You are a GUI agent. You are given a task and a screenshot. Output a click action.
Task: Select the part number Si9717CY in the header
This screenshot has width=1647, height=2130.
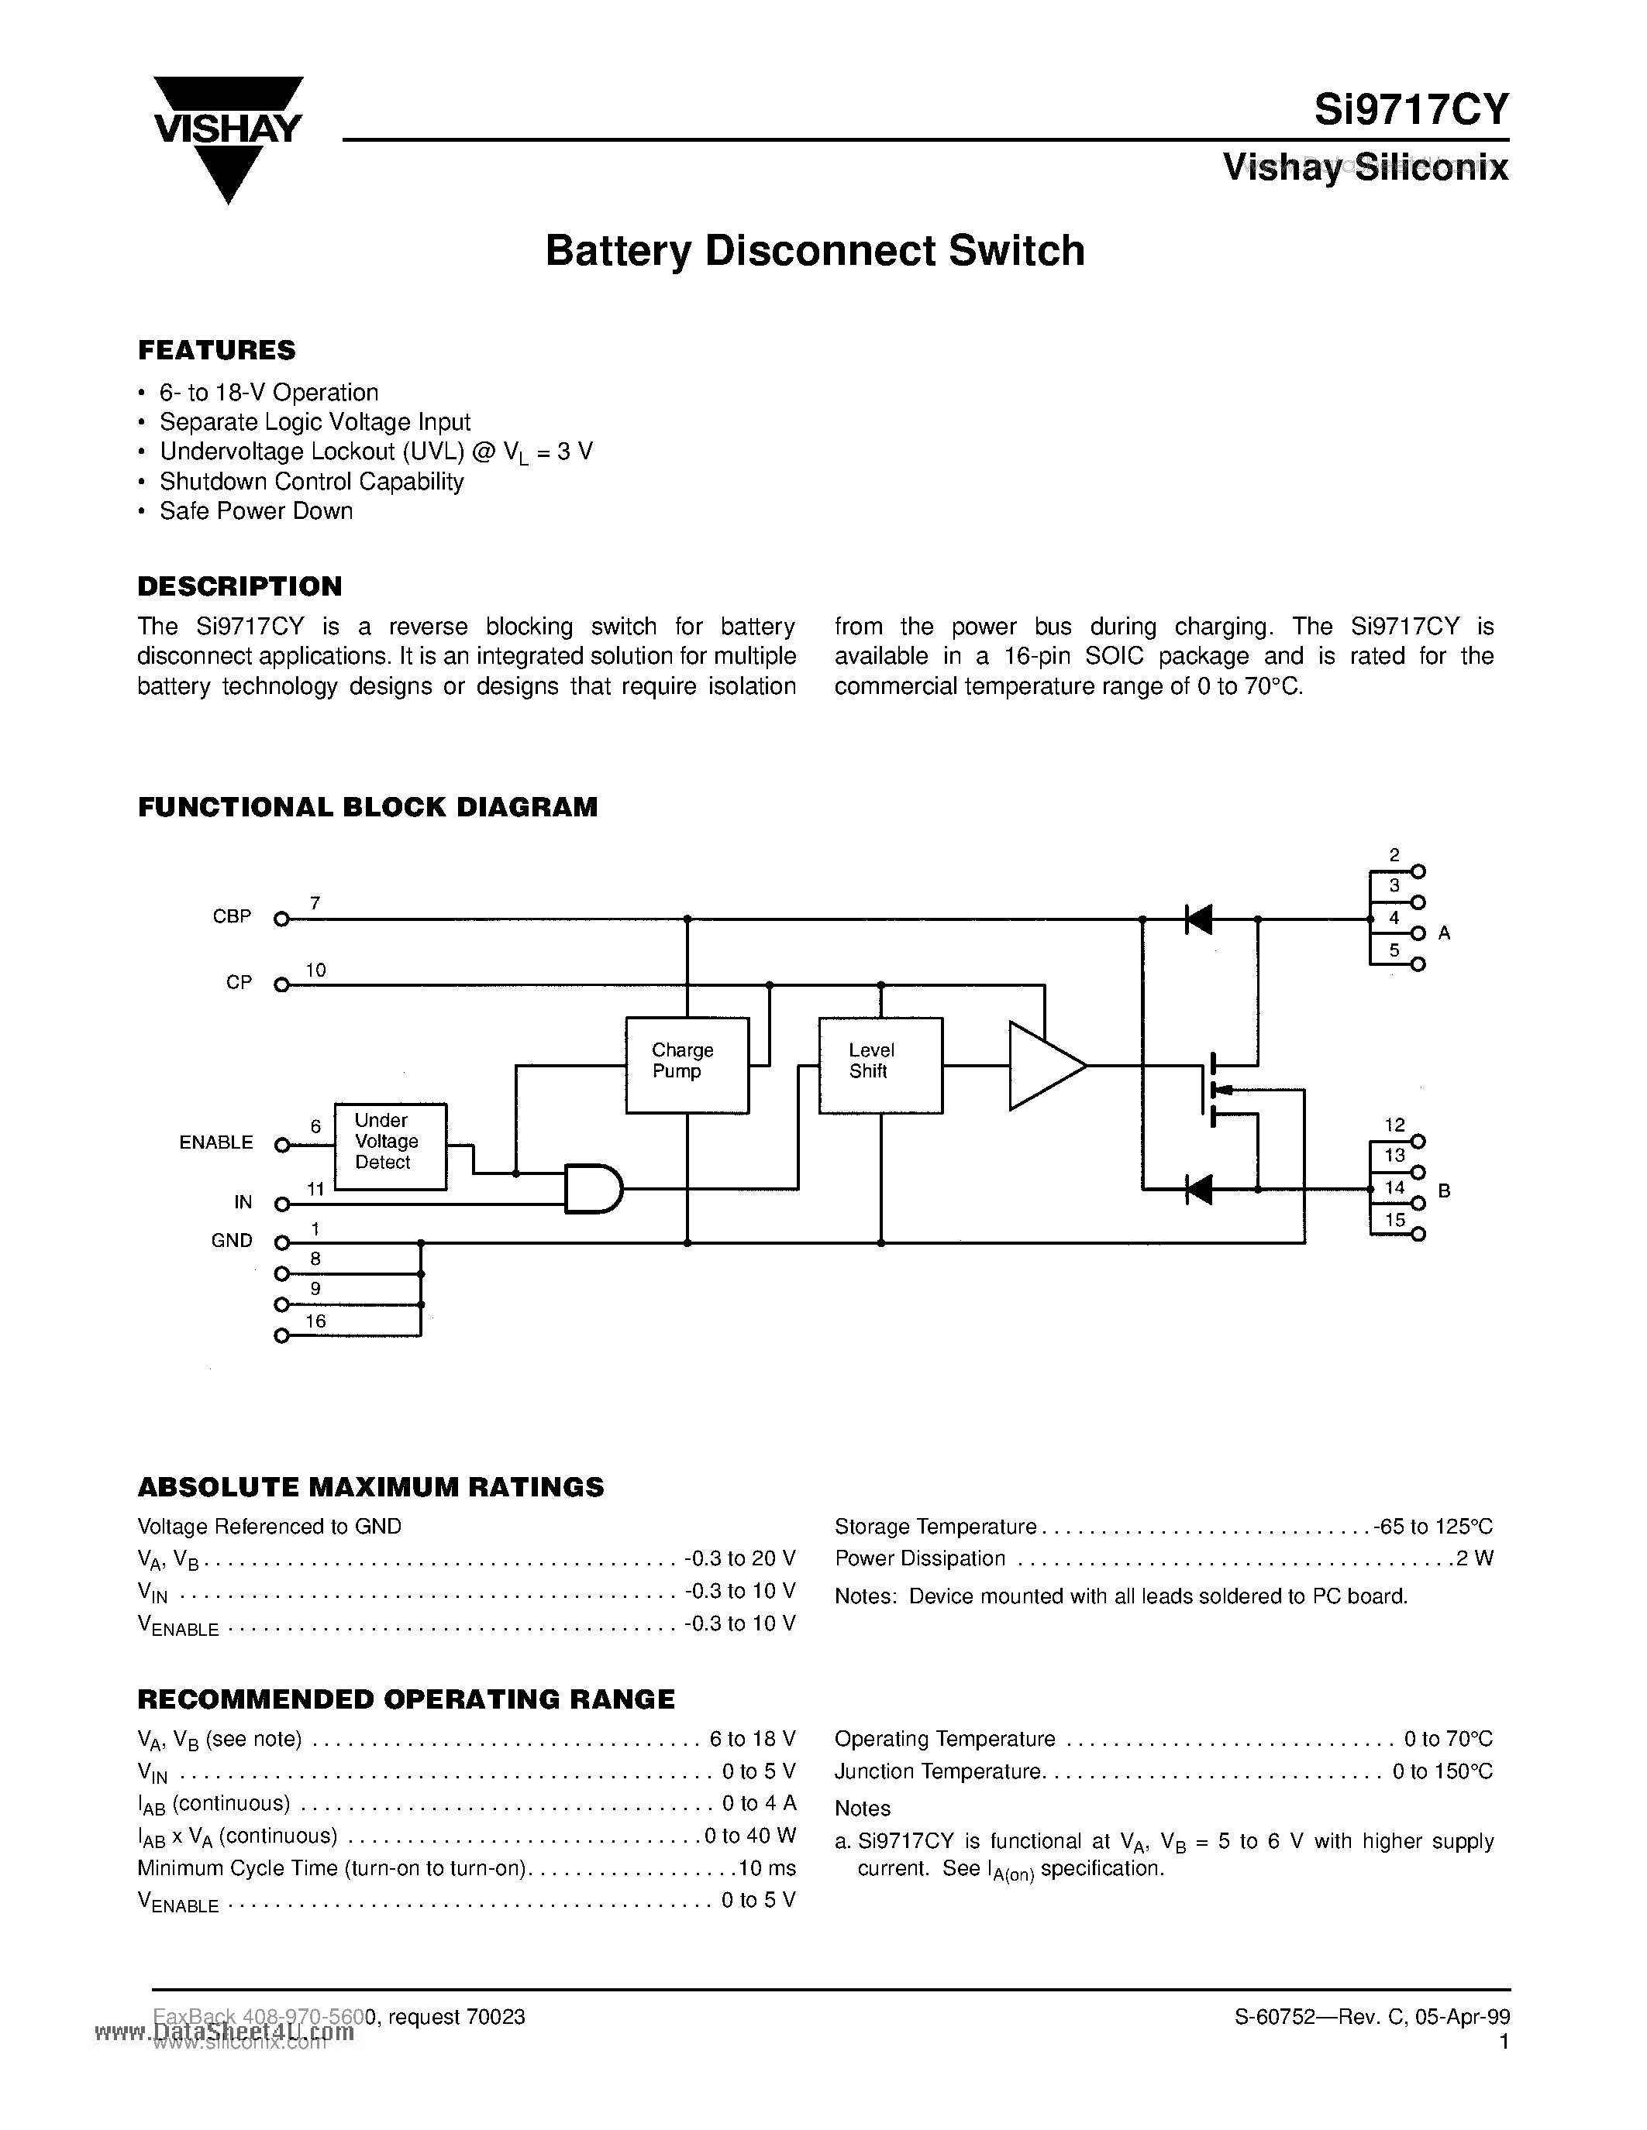click(x=1410, y=109)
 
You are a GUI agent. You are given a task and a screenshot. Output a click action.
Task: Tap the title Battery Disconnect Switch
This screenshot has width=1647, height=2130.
click(x=815, y=251)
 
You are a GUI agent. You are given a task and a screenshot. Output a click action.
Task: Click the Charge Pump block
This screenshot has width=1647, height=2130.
click(x=686, y=1064)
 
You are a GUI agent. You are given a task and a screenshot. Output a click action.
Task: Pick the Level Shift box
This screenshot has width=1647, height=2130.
click(x=880, y=1064)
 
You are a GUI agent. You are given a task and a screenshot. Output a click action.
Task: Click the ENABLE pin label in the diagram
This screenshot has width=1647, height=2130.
click(x=215, y=1142)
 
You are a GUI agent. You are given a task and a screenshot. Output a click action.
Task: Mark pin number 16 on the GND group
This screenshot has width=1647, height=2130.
click(x=315, y=1321)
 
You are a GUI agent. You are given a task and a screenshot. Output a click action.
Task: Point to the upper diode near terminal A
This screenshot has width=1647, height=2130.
click(x=1198, y=919)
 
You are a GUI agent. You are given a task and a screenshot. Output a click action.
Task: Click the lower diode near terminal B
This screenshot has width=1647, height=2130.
click(x=1198, y=1189)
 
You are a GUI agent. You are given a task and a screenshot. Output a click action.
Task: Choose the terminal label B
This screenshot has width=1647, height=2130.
click(x=1444, y=1190)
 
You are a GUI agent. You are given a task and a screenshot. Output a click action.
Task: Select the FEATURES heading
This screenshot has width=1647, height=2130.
click(x=216, y=350)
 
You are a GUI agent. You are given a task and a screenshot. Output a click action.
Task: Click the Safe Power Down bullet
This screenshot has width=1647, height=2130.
click(x=256, y=511)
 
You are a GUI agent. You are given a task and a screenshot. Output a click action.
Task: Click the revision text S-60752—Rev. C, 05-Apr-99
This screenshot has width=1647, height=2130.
click(x=1372, y=2017)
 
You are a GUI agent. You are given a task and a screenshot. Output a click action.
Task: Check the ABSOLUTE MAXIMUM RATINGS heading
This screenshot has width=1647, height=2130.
click(x=370, y=1487)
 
